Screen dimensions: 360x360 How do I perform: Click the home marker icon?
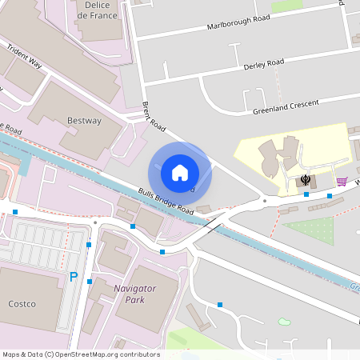180,172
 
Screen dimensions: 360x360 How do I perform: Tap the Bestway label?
84,121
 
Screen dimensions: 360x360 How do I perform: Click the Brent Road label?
153,116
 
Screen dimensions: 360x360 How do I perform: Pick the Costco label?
22,305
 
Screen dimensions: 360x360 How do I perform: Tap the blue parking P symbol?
74,278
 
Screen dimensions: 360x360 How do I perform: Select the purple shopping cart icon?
342,182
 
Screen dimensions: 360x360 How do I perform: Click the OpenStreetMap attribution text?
81,354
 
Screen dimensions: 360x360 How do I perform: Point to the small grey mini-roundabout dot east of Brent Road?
264,201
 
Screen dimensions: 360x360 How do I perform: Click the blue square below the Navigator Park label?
220,304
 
